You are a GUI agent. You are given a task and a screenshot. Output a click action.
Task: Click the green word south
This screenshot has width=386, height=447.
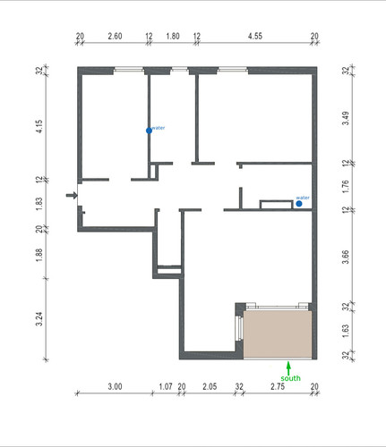click(290, 378)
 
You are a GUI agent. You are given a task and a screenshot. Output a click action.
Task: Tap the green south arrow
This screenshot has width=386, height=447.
click(288, 368)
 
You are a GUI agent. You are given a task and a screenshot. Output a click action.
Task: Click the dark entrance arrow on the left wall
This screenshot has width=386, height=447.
click(72, 196)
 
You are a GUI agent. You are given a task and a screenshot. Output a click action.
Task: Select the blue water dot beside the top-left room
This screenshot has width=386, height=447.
click(149, 131)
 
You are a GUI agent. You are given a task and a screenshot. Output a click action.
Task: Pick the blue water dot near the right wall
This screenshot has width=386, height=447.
click(299, 204)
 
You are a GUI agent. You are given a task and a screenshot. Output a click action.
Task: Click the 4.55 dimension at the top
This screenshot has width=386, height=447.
click(255, 36)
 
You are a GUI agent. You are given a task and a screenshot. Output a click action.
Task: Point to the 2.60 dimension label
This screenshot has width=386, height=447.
click(115, 36)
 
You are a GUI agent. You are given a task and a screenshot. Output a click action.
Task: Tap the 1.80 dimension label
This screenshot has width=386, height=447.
click(173, 36)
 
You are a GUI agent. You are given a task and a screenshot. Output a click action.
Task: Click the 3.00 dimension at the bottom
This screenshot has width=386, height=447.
click(115, 386)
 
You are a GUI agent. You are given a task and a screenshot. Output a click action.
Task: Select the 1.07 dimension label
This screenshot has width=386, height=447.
click(166, 386)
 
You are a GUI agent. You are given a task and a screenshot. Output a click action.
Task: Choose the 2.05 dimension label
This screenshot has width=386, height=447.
click(210, 386)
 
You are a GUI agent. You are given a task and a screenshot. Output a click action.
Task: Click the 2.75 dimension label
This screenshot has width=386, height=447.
click(278, 386)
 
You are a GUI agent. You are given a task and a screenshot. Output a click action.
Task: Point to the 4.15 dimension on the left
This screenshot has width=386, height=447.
click(39, 126)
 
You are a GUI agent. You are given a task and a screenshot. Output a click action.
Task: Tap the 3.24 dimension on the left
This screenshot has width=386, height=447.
click(39, 319)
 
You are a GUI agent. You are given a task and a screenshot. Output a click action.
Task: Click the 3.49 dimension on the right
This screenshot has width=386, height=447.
click(345, 118)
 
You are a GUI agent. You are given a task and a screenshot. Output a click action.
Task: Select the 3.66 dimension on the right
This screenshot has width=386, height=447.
click(345, 257)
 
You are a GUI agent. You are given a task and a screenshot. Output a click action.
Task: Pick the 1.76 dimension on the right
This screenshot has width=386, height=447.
click(345, 187)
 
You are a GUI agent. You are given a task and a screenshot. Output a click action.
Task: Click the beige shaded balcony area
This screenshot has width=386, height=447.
click(278, 334)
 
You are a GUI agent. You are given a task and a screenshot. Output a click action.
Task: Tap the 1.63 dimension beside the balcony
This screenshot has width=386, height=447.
click(345, 331)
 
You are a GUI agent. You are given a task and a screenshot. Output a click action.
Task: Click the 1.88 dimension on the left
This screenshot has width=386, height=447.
click(39, 255)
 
